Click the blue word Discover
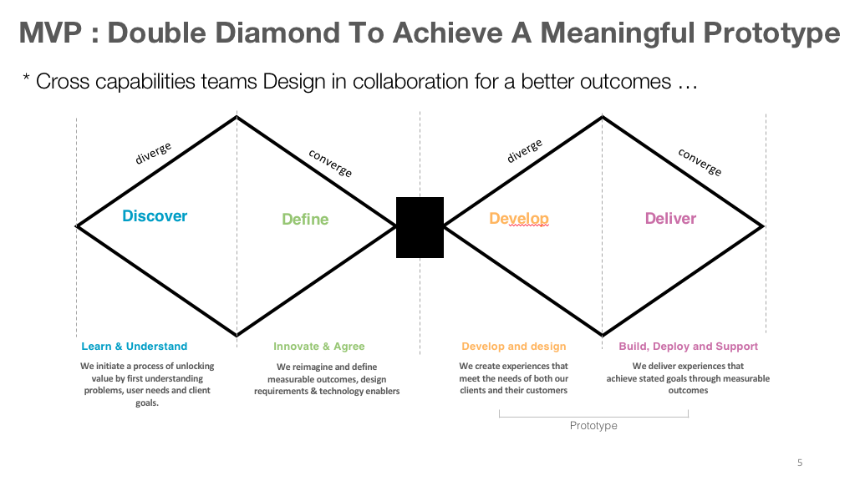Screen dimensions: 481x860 155,216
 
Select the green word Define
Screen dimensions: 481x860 305,220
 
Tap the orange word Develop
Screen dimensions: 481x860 519,219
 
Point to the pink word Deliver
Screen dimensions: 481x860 670,219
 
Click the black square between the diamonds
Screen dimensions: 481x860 420,227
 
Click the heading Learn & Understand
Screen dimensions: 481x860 135,347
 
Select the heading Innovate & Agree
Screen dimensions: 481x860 319,347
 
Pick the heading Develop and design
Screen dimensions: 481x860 514,347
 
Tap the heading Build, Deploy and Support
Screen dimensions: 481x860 689,347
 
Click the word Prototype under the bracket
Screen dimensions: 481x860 593,426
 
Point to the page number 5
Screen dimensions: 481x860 800,463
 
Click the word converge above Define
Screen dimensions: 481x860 330,162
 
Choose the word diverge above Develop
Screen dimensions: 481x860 525,149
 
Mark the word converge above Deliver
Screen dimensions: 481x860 700,161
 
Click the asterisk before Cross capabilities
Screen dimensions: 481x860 26,81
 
